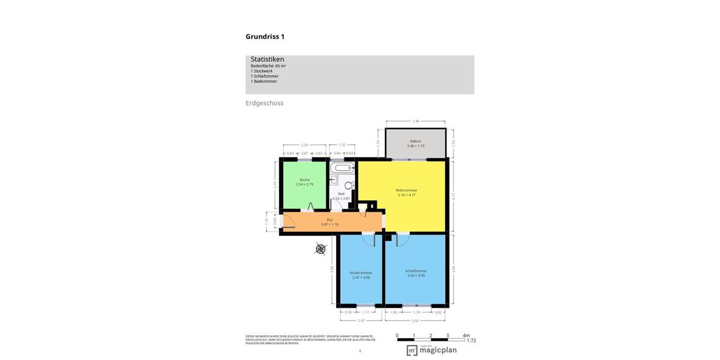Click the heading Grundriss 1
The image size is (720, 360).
click(265, 37)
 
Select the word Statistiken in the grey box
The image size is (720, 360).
click(267, 59)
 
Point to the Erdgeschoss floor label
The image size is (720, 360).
click(264, 103)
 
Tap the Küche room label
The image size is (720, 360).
click(305, 180)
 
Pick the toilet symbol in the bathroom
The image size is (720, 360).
click(352, 185)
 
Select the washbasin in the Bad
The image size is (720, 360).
click(334, 179)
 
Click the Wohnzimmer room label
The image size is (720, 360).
click(406, 190)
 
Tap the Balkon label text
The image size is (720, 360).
click(415, 142)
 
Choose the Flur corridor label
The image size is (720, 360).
click(329, 220)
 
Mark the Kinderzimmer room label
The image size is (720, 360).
click(361, 273)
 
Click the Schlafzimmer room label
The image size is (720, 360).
click(416, 271)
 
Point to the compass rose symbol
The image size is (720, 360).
click(321, 249)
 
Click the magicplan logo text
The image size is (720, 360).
click(438, 350)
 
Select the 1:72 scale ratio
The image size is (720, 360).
click(471, 341)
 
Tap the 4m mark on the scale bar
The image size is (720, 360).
click(466, 335)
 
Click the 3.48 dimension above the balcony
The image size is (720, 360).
click(415, 121)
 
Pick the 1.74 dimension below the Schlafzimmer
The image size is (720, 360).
click(416, 312)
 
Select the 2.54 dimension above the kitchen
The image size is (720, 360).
click(304, 145)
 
